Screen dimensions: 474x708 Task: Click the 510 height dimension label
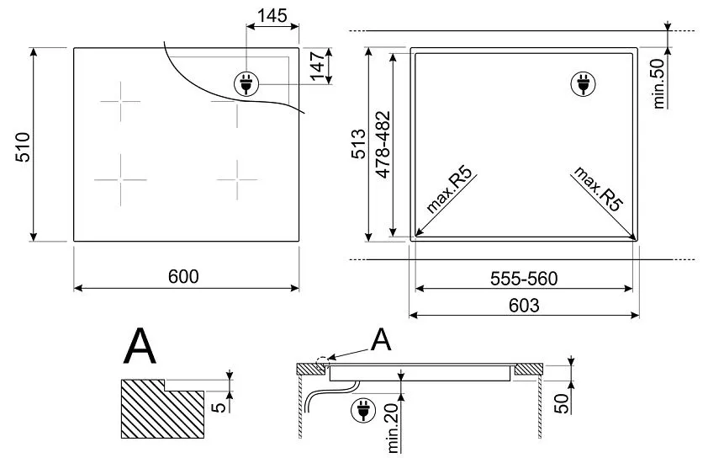coord(23,146)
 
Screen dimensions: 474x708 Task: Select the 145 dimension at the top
coord(273,15)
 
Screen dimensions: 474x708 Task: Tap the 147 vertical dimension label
coord(317,66)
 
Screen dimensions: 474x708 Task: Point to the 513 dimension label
coord(358,144)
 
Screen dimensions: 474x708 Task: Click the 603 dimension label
coord(524,306)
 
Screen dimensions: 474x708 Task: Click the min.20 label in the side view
coord(393,427)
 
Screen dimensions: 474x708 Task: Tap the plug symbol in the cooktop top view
coord(246,83)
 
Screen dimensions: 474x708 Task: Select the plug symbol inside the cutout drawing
coord(582,83)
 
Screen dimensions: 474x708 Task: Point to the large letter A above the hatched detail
coord(139,346)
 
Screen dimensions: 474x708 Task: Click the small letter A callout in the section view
coord(381,340)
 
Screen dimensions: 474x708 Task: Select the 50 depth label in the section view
coord(561,396)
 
